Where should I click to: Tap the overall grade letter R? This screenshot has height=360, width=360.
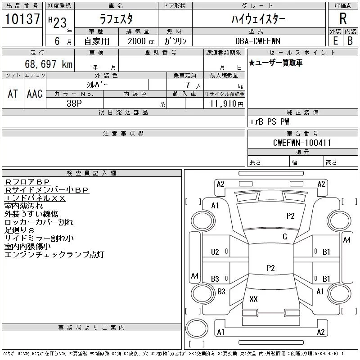click(x=343, y=18)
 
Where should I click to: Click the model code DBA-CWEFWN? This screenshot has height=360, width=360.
click(x=258, y=41)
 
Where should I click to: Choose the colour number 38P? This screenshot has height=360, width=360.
click(x=75, y=103)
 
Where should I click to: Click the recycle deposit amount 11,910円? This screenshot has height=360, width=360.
click(x=226, y=104)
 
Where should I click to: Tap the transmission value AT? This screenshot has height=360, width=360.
click(x=13, y=94)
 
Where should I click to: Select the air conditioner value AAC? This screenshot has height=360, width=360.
click(x=35, y=94)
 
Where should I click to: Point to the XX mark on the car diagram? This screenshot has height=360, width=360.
click(x=253, y=299)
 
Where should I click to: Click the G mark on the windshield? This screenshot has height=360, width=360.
click(x=284, y=237)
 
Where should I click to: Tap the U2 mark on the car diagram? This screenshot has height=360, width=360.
click(x=215, y=252)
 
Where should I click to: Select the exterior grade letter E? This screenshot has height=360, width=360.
click(x=335, y=41)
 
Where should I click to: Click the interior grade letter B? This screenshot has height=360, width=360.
click(x=350, y=41)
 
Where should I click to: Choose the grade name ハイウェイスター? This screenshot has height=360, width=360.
click(x=258, y=19)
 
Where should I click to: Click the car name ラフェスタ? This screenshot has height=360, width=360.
click(x=116, y=19)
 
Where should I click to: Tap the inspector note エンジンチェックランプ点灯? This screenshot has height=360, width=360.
click(x=54, y=255)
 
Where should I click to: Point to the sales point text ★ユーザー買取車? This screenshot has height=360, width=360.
click(x=275, y=63)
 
